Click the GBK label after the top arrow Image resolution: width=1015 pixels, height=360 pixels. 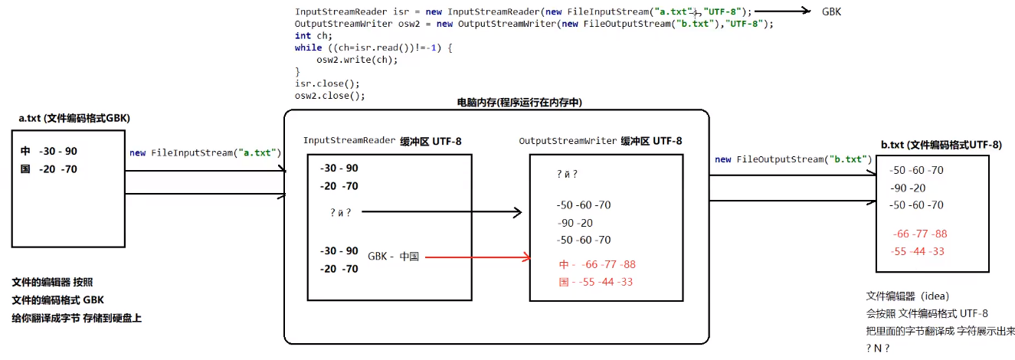coord(832,11)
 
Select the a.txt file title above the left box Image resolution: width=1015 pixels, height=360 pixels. coord(74,118)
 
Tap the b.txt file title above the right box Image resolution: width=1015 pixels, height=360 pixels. coord(941,145)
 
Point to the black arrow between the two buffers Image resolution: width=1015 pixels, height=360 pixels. coord(440,211)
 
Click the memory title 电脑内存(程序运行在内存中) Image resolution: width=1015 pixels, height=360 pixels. coord(515,102)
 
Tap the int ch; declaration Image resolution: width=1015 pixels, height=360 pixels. coord(314,35)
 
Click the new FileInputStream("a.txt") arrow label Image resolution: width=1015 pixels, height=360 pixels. coord(205,153)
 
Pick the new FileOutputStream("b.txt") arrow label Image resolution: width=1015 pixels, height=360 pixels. coord(793,159)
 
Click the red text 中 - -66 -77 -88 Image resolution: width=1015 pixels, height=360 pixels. coord(598,264)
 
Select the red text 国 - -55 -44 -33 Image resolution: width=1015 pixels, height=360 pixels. coord(596,282)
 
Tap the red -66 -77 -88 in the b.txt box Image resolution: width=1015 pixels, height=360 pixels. coord(920,234)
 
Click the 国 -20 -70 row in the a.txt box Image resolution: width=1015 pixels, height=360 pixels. coord(49,169)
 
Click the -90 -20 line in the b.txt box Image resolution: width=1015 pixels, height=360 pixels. coord(908,188)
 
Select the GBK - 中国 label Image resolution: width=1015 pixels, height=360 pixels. coord(393,257)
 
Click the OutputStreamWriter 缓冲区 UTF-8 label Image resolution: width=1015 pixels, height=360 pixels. coord(600,141)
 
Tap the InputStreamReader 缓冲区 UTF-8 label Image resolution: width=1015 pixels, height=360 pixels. coord(382,141)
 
